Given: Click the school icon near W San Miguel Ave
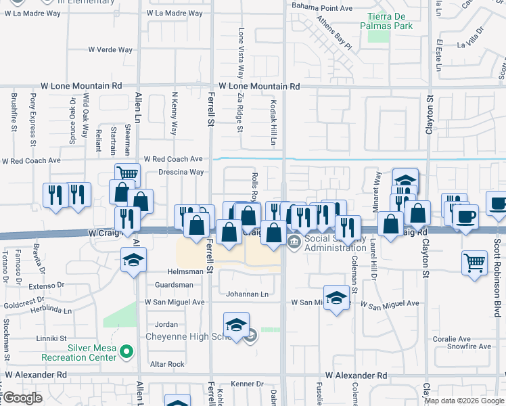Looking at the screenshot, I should point(336,298).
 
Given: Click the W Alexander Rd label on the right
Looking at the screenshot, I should point(356,375).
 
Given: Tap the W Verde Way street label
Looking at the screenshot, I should point(110,49).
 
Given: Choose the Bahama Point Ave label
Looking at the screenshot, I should point(322,8).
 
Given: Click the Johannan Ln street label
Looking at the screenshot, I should point(247,294).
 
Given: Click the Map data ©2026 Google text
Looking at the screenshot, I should point(464,401).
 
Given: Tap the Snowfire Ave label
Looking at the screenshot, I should point(469,346).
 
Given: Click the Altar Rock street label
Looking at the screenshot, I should point(166,364).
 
